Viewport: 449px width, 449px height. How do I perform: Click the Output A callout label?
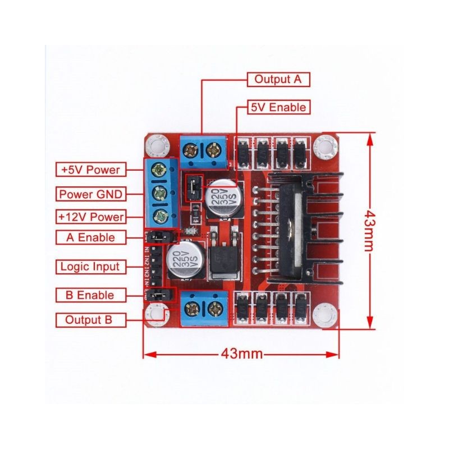point(278,79)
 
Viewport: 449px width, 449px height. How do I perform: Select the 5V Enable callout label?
point(278,107)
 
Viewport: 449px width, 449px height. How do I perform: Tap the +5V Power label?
point(91,169)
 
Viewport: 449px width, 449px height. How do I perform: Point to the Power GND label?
point(91,194)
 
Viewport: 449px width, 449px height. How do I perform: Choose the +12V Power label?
point(91,217)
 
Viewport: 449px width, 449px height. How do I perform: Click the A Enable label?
point(91,237)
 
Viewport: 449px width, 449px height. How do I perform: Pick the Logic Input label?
point(90,266)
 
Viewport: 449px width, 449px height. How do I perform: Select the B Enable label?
point(90,295)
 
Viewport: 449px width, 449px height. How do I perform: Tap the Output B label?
point(90,320)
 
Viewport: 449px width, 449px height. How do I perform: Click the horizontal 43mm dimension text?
point(242,354)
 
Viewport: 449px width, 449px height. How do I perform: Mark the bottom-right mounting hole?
point(326,315)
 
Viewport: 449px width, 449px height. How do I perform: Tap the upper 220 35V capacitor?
point(220,199)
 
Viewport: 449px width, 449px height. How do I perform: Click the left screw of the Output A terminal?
point(194,150)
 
